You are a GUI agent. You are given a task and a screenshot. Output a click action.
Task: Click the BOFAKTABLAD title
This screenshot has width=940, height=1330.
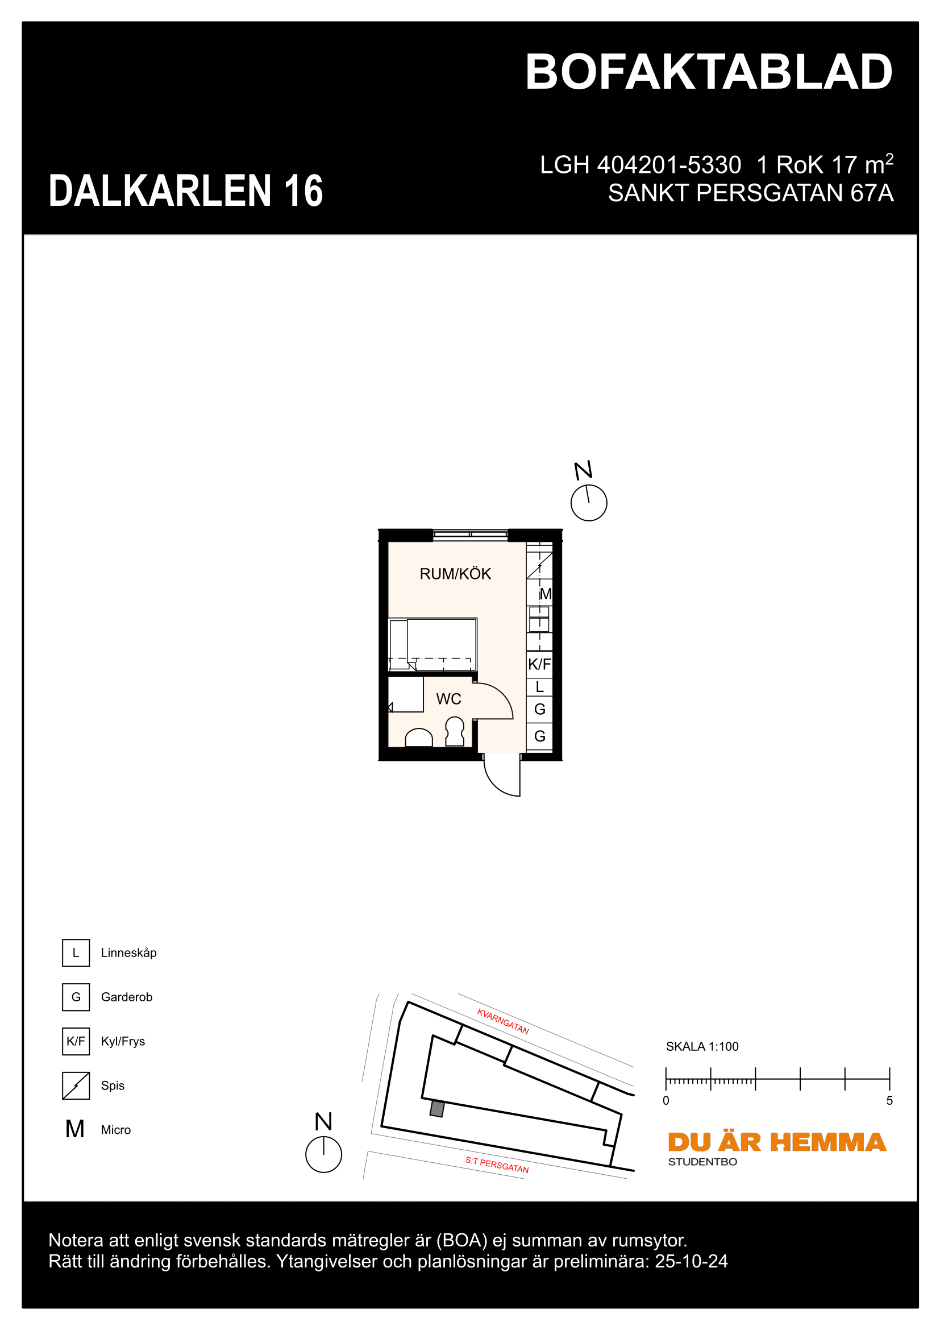pyautogui.click(x=709, y=72)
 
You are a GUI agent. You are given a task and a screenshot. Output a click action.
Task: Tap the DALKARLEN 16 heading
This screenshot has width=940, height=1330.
pyautogui.click(x=186, y=190)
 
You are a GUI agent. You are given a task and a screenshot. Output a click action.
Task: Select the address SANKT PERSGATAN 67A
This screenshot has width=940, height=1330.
pyautogui.click(x=750, y=193)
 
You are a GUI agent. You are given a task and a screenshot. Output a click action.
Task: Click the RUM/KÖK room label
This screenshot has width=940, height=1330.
pyautogui.click(x=455, y=574)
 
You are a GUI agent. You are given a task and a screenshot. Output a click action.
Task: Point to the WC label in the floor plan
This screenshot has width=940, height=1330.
pyautogui.click(x=448, y=699)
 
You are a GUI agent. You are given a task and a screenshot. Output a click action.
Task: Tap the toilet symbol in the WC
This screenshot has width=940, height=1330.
pyautogui.click(x=455, y=732)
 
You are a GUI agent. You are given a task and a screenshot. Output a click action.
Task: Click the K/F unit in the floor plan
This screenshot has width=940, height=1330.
pyautogui.click(x=539, y=664)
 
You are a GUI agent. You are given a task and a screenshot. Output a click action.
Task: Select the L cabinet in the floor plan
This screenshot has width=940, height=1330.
pyautogui.click(x=539, y=687)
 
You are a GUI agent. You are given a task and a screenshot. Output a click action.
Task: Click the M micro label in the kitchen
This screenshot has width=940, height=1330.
pyautogui.click(x=545, y=594)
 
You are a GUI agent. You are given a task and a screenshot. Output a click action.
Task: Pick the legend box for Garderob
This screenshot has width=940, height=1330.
pyautogui.click(x=76, y=997)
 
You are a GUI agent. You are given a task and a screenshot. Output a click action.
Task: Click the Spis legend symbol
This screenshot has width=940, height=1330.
pyautogui.click(x=76, y=1085)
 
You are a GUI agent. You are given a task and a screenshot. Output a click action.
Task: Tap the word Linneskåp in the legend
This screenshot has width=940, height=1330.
pyautogui.click(x=128, y=953)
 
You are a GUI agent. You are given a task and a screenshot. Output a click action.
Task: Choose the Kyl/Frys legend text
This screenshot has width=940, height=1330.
pyautogui.click(x=123, y=1042)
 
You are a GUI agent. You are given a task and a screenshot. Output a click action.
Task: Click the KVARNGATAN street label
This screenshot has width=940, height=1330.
pyautogui.click(x=503, y=1021)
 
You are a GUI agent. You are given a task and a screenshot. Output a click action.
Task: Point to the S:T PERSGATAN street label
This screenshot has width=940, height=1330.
pyautogui.click(x=497, y=1165)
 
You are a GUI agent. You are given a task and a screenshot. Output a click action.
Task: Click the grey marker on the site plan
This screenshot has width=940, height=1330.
pyautogui.click(x=437, y=1109)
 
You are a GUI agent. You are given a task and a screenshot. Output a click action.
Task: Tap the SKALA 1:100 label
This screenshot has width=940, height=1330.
pyautogui.click(x=702, y=1047)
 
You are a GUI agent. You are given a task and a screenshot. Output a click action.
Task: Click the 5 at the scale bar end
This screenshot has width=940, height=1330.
pyautogui.click(x=889, y=1101)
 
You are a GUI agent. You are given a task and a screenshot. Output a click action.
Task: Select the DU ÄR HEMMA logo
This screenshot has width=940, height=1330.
pyautogui.click(x=777, y=1142)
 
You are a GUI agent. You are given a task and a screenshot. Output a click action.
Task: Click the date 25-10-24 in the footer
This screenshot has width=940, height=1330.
pyautogui.click(x=691, y=1262)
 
